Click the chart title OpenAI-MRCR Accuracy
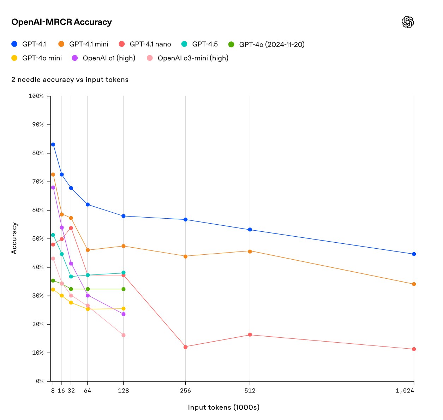(61, 22)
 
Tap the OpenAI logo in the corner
(408, 22)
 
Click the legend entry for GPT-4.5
(200, 44)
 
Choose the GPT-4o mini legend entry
(37, 58)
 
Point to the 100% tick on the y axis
(36, 96)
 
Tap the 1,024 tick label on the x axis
(405, 391)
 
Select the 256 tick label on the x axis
(185, 391)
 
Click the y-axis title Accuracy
(14, 238)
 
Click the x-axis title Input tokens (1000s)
(223, 407)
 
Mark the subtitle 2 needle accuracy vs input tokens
(70, 79)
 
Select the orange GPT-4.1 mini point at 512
(250, 251)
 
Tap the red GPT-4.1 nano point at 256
(185, 347)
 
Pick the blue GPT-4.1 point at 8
(53, 144)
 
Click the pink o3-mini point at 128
(124, 335)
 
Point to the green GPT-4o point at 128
(124, 289)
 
